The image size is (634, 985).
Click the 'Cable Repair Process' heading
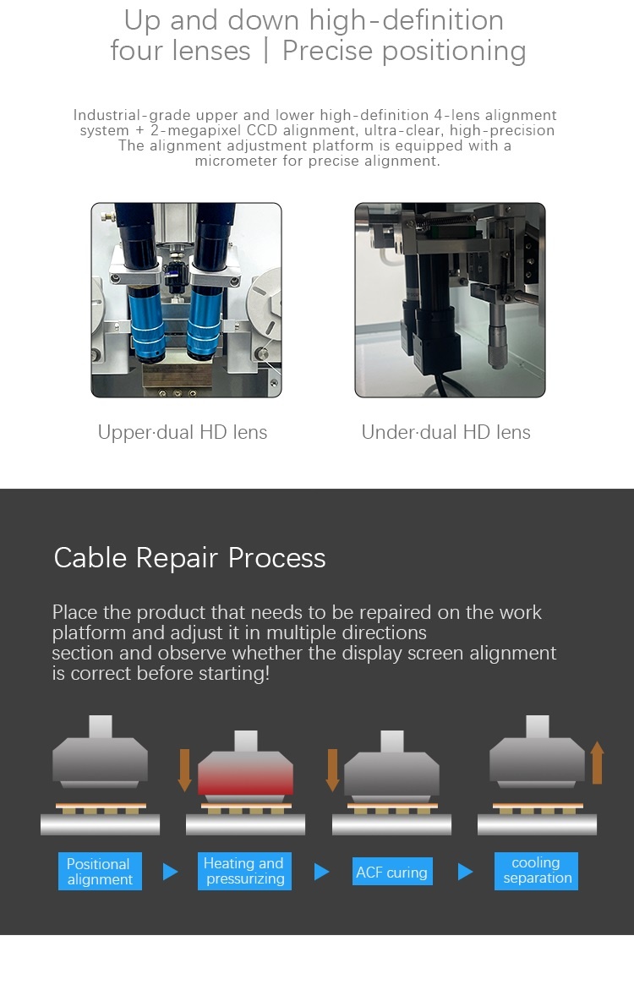189,558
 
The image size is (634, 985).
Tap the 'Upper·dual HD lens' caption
183,432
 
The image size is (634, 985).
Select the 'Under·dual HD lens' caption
446,432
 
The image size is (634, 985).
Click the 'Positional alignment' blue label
100,872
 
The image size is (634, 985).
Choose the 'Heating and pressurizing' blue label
244,871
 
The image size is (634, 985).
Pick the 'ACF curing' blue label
392,872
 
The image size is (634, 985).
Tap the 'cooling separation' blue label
536,871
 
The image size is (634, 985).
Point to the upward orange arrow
598,763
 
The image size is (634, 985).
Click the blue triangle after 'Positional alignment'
170,872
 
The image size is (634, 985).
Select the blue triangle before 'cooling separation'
465,872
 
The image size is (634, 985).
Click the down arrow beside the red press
185,769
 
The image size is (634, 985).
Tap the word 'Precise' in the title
327,51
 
